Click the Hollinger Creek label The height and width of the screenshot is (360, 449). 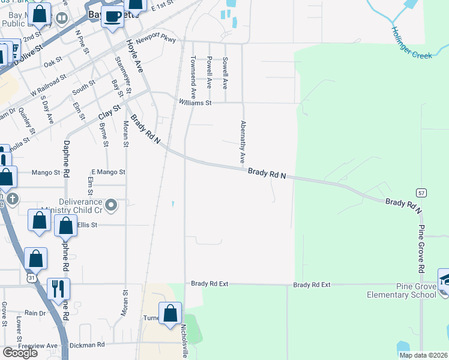(412, 43)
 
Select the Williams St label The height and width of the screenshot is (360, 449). (195, 103)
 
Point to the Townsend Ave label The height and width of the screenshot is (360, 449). (193, 78)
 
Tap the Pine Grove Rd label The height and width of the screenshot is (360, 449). (422, 248)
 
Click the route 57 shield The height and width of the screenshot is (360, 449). (421, 192)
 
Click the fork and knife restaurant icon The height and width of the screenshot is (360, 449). (58, 289)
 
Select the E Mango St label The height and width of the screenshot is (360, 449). (108, 172)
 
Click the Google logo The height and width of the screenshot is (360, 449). (20, 353)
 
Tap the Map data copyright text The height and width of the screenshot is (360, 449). (423, 355)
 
